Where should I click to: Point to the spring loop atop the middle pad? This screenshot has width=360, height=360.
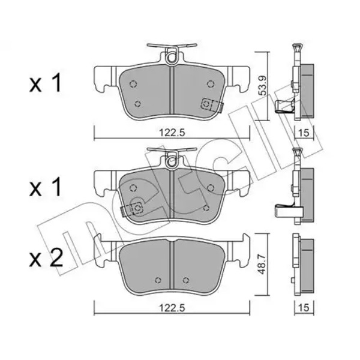[x=173, y=160]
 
